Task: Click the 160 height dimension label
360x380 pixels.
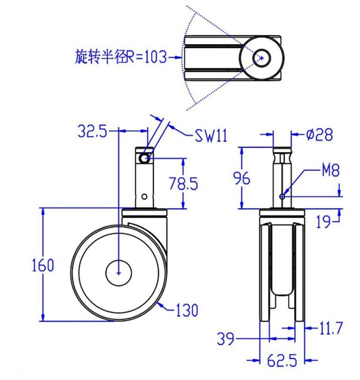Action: pos(43,265)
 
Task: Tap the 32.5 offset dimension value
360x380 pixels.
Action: pos(92,131)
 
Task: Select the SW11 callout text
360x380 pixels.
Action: pos(211,135)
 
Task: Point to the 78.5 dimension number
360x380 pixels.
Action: pos(183,183)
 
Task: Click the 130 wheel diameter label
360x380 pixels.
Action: pos(187,310)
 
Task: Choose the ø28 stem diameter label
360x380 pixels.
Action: pos(319,134)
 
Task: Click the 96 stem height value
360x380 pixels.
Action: pos(241,178)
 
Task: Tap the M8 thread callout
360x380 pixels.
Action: pos(330,170)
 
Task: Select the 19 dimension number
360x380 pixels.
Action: pos(323,221)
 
